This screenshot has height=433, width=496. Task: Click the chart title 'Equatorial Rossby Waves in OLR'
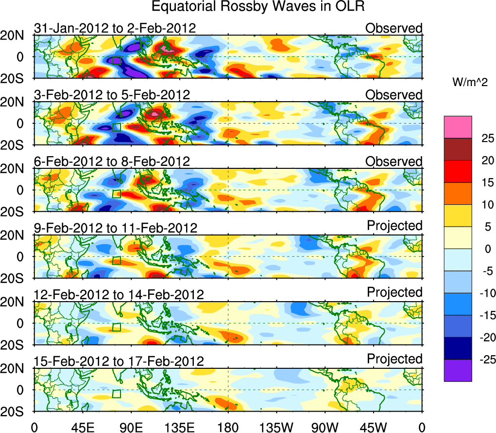click(x=257, y=7)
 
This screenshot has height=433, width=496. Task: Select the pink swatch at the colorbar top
click(x=458, y=127)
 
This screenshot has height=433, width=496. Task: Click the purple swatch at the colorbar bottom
click(x=458, y=370)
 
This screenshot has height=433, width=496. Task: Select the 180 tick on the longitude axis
click(x=228, y=427)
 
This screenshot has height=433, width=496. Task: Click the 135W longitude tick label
click(x=276, y=427)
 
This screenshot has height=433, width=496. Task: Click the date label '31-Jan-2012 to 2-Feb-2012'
click(x=115, y=28)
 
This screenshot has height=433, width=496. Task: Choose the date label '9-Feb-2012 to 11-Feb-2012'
click(x=116, y=228)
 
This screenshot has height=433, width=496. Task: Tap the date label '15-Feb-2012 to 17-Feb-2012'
click(x=119, y=361)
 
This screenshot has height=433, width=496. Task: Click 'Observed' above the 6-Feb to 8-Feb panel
click(x=394, y=161)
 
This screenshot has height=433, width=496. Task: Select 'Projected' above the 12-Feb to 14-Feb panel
click(x=394, y=292)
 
